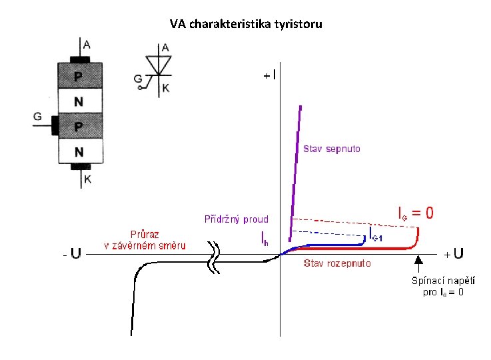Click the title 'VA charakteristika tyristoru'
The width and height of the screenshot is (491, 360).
[x=245, y=25]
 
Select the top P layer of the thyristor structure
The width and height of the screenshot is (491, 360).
[x=79, y=76]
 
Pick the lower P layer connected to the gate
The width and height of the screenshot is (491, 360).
[x=79, y=126]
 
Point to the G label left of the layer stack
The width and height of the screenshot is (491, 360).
[x=37, y=117]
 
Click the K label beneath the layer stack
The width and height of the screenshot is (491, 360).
[x=88, y=179]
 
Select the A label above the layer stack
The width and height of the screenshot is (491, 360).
[x=87, y=45]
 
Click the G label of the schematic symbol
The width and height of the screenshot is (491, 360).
[x=138, y=79]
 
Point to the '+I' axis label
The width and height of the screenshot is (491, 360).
[x=270, y=75]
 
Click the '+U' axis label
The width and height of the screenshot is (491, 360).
[x=454, y=254]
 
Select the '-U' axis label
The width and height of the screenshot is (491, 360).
[x=71, y=253]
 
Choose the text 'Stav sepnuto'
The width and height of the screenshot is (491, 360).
[x=332, y=149]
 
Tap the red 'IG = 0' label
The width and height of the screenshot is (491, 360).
[x=415, y=213]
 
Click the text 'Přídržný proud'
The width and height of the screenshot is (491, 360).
[x=236, y=219]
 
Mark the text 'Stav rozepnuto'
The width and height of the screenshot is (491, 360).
[x=337, y=263]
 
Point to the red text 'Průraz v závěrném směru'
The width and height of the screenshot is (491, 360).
[x=144, y=240]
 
